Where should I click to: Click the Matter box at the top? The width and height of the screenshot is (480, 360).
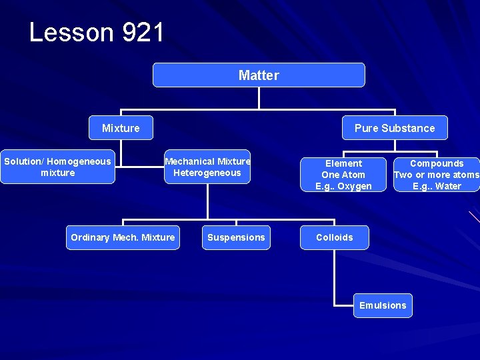pos(259,75)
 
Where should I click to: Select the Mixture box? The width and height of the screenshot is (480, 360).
pos(121,128)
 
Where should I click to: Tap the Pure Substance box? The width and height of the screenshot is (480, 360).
pos(394,128)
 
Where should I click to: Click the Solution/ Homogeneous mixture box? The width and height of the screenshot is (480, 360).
pos(58,167)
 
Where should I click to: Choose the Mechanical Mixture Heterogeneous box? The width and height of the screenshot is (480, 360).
pos(207,167)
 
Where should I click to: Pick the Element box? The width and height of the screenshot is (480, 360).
pos(343,175)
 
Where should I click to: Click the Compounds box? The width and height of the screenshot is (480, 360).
pos(437,175)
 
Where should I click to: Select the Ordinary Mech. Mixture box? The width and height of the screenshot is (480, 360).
pos(123,237)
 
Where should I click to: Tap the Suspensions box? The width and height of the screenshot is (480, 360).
pos(236,237)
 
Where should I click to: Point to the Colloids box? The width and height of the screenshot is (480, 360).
pos(335,237)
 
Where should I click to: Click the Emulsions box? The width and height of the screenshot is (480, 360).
pos(383,305)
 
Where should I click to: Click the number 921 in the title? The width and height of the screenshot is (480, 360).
pos(143,32)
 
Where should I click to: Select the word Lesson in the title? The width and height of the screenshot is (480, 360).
pos(71,32)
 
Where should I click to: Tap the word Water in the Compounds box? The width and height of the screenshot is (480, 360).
pos(447,187)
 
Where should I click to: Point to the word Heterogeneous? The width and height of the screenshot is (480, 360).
pos(207,173)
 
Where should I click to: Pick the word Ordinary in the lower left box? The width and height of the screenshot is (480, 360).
pos(90,237)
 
